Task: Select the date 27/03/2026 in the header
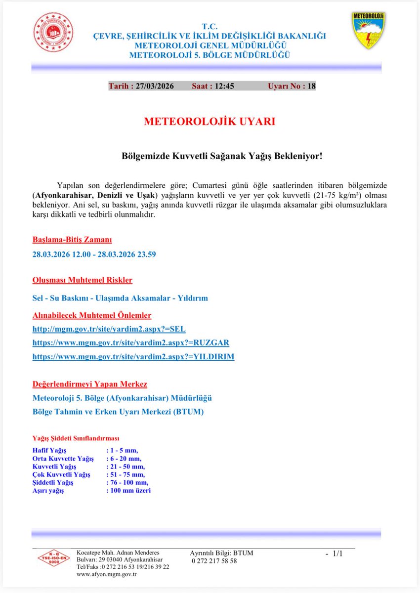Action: [x=153, y=86]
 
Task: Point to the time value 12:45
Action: [x=223, y=86]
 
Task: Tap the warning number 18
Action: [x=311, y=86]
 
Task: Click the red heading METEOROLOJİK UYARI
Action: [x=210, y=122]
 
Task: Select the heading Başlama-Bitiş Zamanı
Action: [x=72, y=240]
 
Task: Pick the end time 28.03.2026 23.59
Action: [x=151, y=254]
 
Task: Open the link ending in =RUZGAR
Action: [x=131, y=342]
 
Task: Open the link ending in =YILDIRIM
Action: [x=133, y=356]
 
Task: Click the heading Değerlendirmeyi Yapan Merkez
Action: [x=89, y=384]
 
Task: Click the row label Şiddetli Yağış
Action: [x=53, y=482]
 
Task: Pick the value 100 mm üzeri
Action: [x=128, y=490]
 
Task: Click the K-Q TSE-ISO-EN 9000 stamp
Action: [x=54, y=558]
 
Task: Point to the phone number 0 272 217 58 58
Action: [x=213, y=560]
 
